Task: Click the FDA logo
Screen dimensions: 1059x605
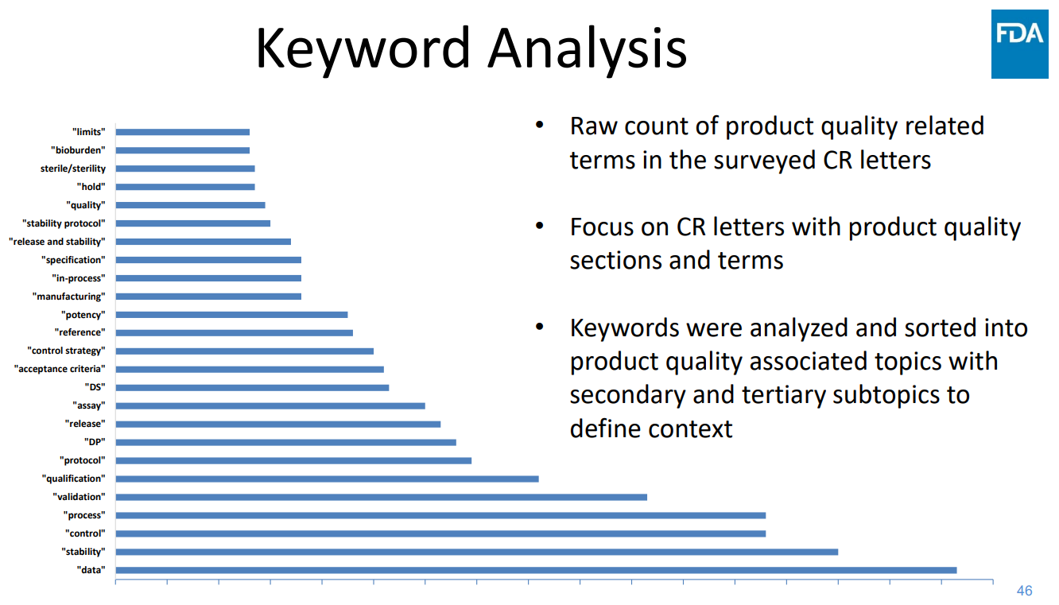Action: [x=1020, y=44]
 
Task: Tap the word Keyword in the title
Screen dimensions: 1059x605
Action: [x=363, y=49]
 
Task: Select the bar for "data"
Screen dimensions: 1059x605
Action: [x=536, y=570]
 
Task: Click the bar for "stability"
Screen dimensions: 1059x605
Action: [x=477, y=552]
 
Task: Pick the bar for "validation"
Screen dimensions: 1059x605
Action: [x=382, y=497]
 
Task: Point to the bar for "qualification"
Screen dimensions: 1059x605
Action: [x=327, y=479]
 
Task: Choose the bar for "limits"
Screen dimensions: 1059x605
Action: [x=183, y=132]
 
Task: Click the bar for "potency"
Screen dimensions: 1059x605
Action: [x=231, y=314]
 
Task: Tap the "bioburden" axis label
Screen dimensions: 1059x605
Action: [x=78, y=149]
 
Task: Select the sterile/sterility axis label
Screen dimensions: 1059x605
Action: [x=73, y=169]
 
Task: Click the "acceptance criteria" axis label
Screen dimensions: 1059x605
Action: [x=60, y=369]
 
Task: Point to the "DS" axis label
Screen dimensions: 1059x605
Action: [x=95, y=387]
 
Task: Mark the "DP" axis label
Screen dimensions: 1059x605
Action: [x=95, y=442]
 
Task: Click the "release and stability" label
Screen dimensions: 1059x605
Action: [x=57, y=242]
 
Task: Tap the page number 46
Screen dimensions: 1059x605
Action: [x=1025, y=591]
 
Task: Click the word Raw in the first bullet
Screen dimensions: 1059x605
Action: [x=593, y=126]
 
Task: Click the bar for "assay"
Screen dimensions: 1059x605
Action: [x=270, y=405]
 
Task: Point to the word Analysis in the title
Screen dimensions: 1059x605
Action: [x=588, y=49]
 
